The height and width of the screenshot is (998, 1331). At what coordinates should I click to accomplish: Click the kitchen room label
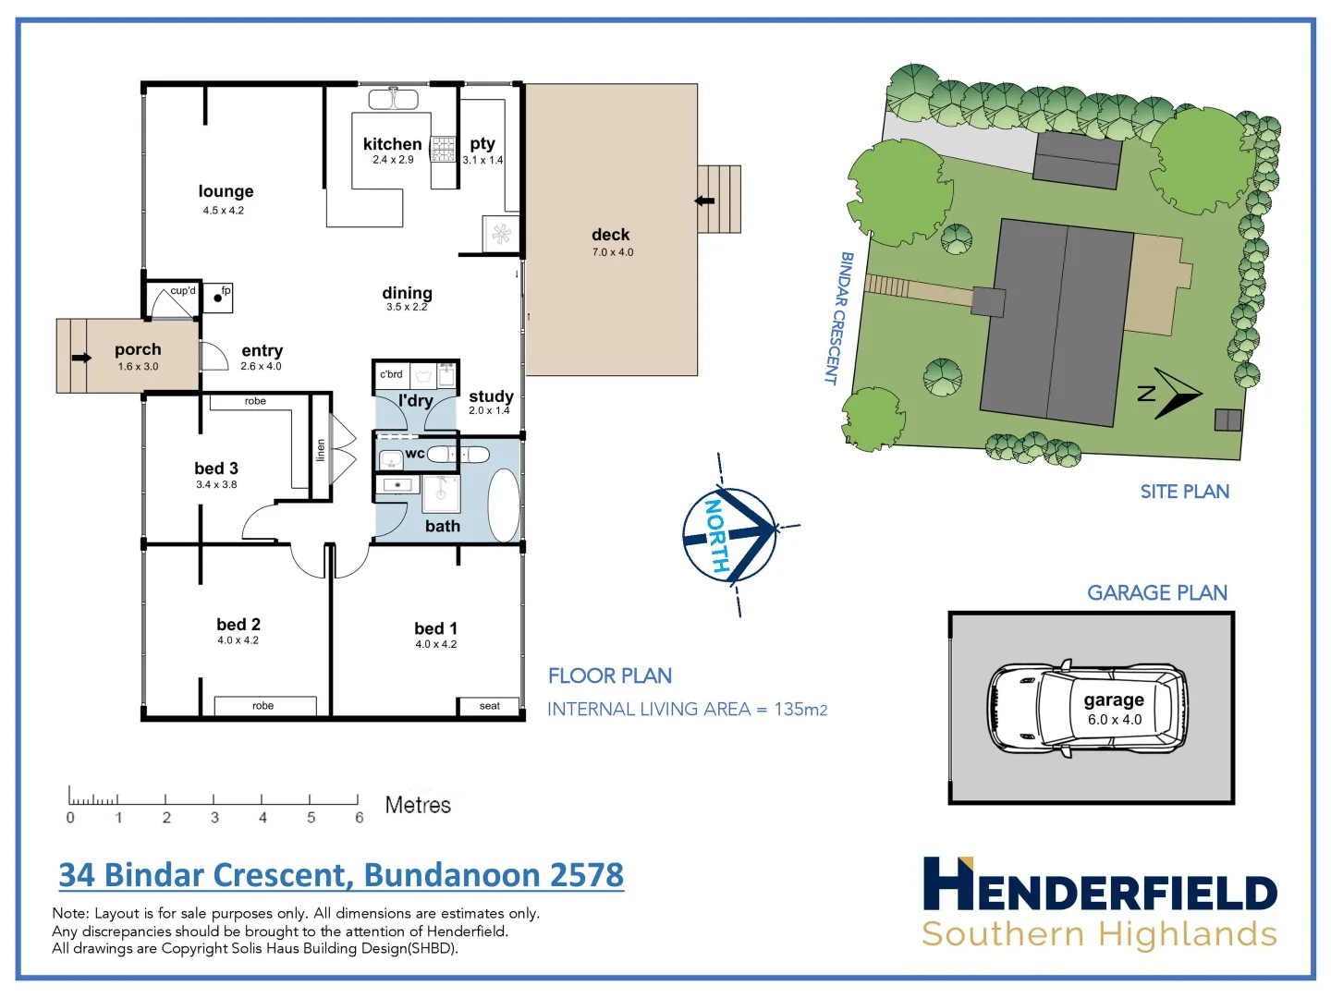(x=392, y=144)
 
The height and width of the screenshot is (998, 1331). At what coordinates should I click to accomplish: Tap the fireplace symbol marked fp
(x=218, y=297)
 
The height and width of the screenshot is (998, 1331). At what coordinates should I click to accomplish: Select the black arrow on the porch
(x=81, y=358)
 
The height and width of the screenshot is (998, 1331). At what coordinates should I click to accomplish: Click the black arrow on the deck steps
(x=705, y=201)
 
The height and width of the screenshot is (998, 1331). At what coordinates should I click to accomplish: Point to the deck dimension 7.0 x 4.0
(x=612, y=252)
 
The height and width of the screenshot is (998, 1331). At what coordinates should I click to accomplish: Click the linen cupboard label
(x=321, y=450)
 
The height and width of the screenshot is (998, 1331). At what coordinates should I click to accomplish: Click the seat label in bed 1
(x=489, y=706)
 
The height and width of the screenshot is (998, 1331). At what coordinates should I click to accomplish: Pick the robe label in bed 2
(x=263, y=706)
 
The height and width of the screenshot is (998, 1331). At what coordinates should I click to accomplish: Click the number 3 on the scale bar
(x=214, y=818)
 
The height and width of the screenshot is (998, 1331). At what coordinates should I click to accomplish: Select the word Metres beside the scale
(x=418, y=806)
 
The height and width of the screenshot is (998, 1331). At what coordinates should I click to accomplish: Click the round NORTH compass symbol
(x=728, y=535)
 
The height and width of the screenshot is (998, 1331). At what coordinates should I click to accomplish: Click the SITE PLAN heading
(x=1184, y=492)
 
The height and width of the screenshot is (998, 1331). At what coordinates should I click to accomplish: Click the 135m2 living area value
(x=800, y=710)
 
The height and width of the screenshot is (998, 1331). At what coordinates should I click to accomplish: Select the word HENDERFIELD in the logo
(x=1100, y=886)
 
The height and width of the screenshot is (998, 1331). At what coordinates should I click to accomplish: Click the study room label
(x=491, y=396)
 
